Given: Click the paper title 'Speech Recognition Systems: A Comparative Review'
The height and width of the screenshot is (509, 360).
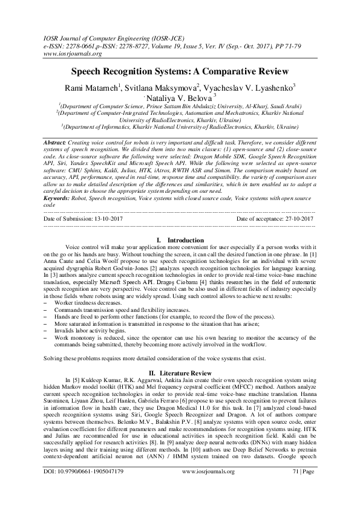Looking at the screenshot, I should tap(180, 71).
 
